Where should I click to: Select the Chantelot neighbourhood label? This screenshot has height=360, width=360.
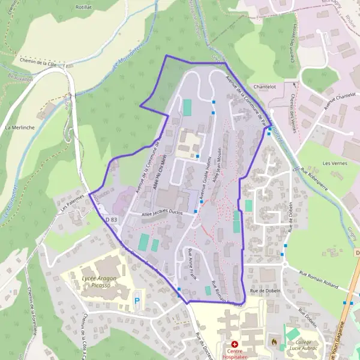(263, 86)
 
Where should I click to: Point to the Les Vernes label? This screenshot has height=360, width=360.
(335, 163)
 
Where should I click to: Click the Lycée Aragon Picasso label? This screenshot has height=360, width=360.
(98, 282)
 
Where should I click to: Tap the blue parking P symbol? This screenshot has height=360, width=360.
(137, 299)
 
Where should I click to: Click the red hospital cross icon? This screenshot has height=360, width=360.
(234, 344)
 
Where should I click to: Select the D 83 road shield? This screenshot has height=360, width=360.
(112, 220)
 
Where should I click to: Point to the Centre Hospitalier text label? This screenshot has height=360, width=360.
(234, 354)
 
